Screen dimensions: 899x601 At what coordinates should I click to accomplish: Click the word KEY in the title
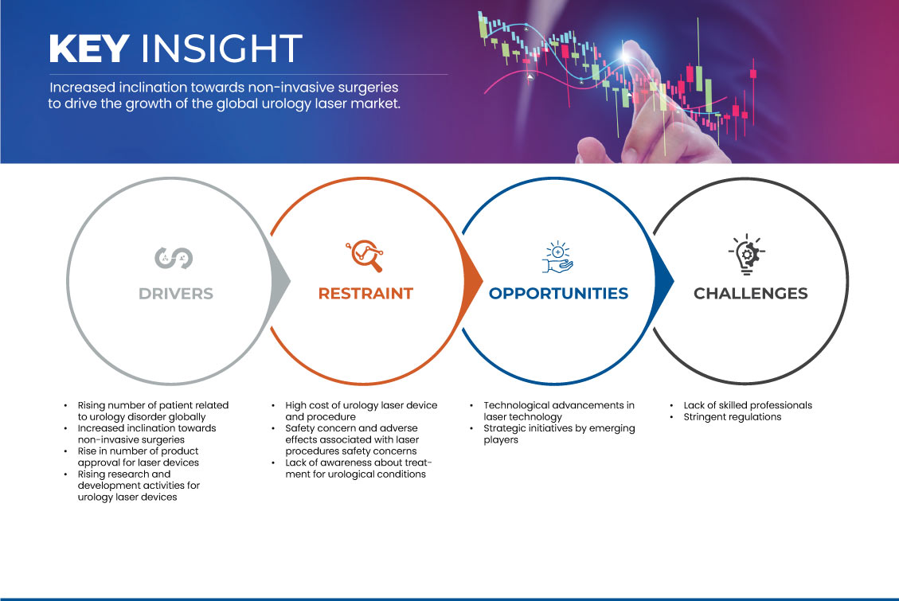click(89, 48)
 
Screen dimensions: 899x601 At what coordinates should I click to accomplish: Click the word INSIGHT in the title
click(221, 48)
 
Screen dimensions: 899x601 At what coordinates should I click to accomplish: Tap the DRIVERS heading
click(176, 294)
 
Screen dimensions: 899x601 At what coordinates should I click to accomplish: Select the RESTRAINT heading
click(365, 294)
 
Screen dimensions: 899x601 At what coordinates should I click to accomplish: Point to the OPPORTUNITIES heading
click(558, 294)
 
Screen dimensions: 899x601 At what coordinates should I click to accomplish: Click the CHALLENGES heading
click(751, 294)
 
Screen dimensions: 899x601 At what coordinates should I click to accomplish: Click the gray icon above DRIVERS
click(174, 258)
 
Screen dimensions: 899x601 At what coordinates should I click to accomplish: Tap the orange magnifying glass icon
click(365, 256)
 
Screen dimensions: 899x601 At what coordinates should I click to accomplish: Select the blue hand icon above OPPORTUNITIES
click(558, 257)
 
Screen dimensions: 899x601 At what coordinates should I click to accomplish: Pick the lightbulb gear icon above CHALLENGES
click(746, 255)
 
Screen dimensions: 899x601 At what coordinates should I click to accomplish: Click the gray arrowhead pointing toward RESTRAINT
click(280, 281)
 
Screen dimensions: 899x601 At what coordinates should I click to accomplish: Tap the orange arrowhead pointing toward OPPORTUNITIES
click(473, 281)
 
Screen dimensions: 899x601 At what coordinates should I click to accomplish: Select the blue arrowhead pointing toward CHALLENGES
click(664, 281)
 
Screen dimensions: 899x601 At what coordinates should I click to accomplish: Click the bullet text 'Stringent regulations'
click(732, 417)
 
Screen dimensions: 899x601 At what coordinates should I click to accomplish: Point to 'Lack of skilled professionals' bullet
click(748, 406)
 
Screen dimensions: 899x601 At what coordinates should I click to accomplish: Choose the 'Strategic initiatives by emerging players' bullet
click(559, 435)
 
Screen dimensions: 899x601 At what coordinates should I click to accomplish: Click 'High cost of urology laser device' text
click(362, 406)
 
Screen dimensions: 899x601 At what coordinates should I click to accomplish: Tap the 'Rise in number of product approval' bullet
click(139, 457)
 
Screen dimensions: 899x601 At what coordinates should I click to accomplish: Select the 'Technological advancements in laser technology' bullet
click(559, 412)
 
